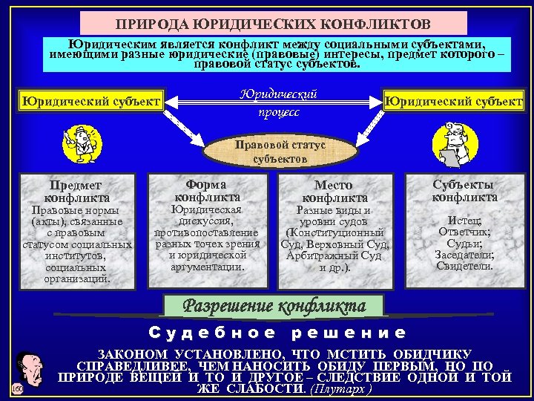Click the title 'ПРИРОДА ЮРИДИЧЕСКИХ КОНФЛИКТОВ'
(x=274, y=24)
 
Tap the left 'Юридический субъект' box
(x=91, y=100)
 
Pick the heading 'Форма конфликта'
(x=207, y=190)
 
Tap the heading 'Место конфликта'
(x=334, y=191)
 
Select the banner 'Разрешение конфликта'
(x=274, y=305)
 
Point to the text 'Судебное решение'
(x=277, y=333)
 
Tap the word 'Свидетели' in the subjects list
(x=465, y=266)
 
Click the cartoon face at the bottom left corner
(x=27, y=369)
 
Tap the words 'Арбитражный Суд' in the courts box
(x=333, y=255)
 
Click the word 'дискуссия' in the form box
(x=207, y=221)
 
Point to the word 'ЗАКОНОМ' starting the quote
(x=132, y=354)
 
